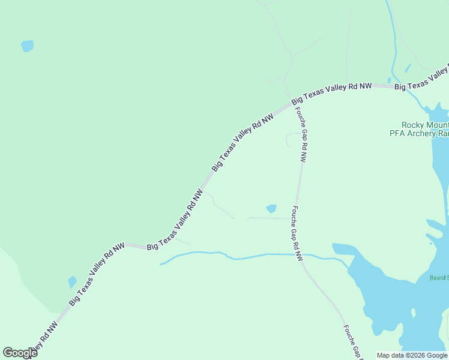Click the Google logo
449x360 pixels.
coord(20,353)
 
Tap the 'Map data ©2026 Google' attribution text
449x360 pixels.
coord(412,355)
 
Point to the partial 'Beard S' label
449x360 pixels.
coord(439,277)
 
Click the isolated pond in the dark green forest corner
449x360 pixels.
coord(27,46)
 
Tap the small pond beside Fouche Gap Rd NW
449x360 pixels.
coord(271,209)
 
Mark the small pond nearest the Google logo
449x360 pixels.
coord(72,281)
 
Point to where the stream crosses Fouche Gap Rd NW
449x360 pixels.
coord(298,255)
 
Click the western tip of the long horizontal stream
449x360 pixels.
coord(160,264)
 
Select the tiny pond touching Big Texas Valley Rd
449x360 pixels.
coord(389,80)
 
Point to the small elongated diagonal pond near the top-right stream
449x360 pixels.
coord(408,68)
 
